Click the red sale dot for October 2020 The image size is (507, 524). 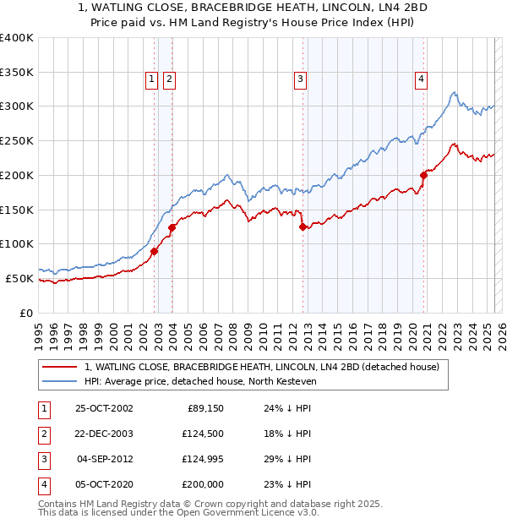click(x=423, y=175)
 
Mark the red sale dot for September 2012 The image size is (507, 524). click(x=303, y=227)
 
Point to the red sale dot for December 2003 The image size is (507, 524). click(x=172, y=227)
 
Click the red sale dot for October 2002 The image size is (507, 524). click(x=155, y=251)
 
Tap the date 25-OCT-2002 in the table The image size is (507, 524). click(x=104, y=407)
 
